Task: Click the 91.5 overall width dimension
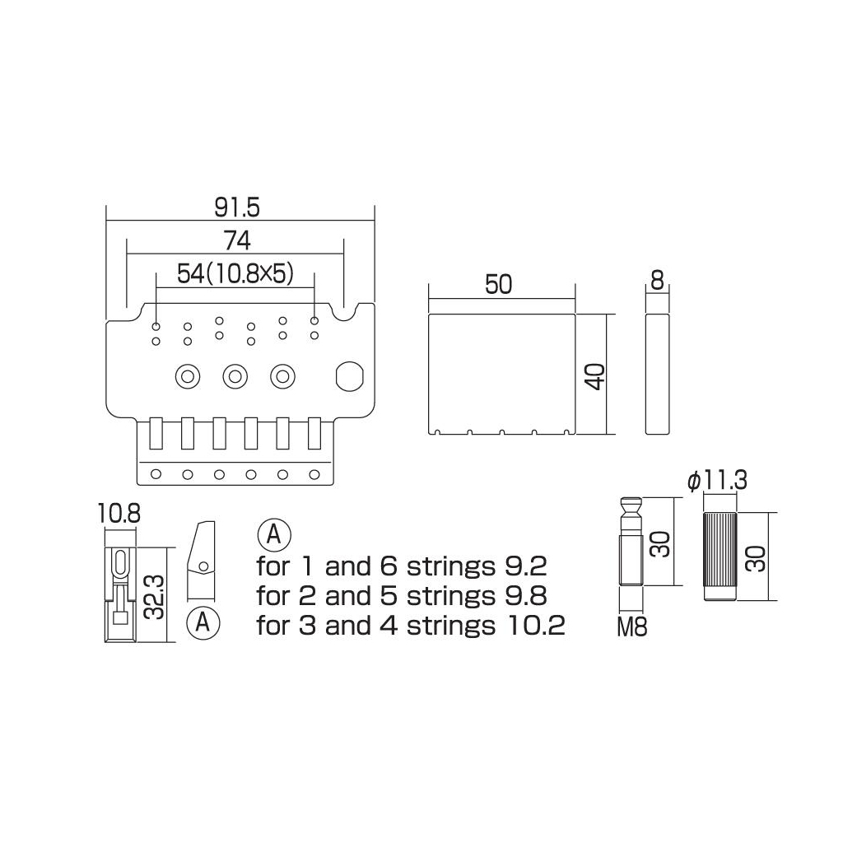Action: pyautogui.click(x=236, y=207)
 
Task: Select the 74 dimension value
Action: pyautogui.click(x=237, y=241)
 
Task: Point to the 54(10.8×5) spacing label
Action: pyautogui.click(x=235, y=274)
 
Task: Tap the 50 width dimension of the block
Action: pyautogui.click(x=498, y=284)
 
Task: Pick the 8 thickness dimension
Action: pyautogui.click(x=657, y=281)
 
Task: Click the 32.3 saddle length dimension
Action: pyautogui.click(x=154, y=595)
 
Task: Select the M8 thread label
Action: pyautogui.click(x=631, y=626)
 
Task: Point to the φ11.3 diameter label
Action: pyautogui.click(x=717, y=481)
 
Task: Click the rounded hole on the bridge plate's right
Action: pyautogui.click(x=349, y=375)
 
